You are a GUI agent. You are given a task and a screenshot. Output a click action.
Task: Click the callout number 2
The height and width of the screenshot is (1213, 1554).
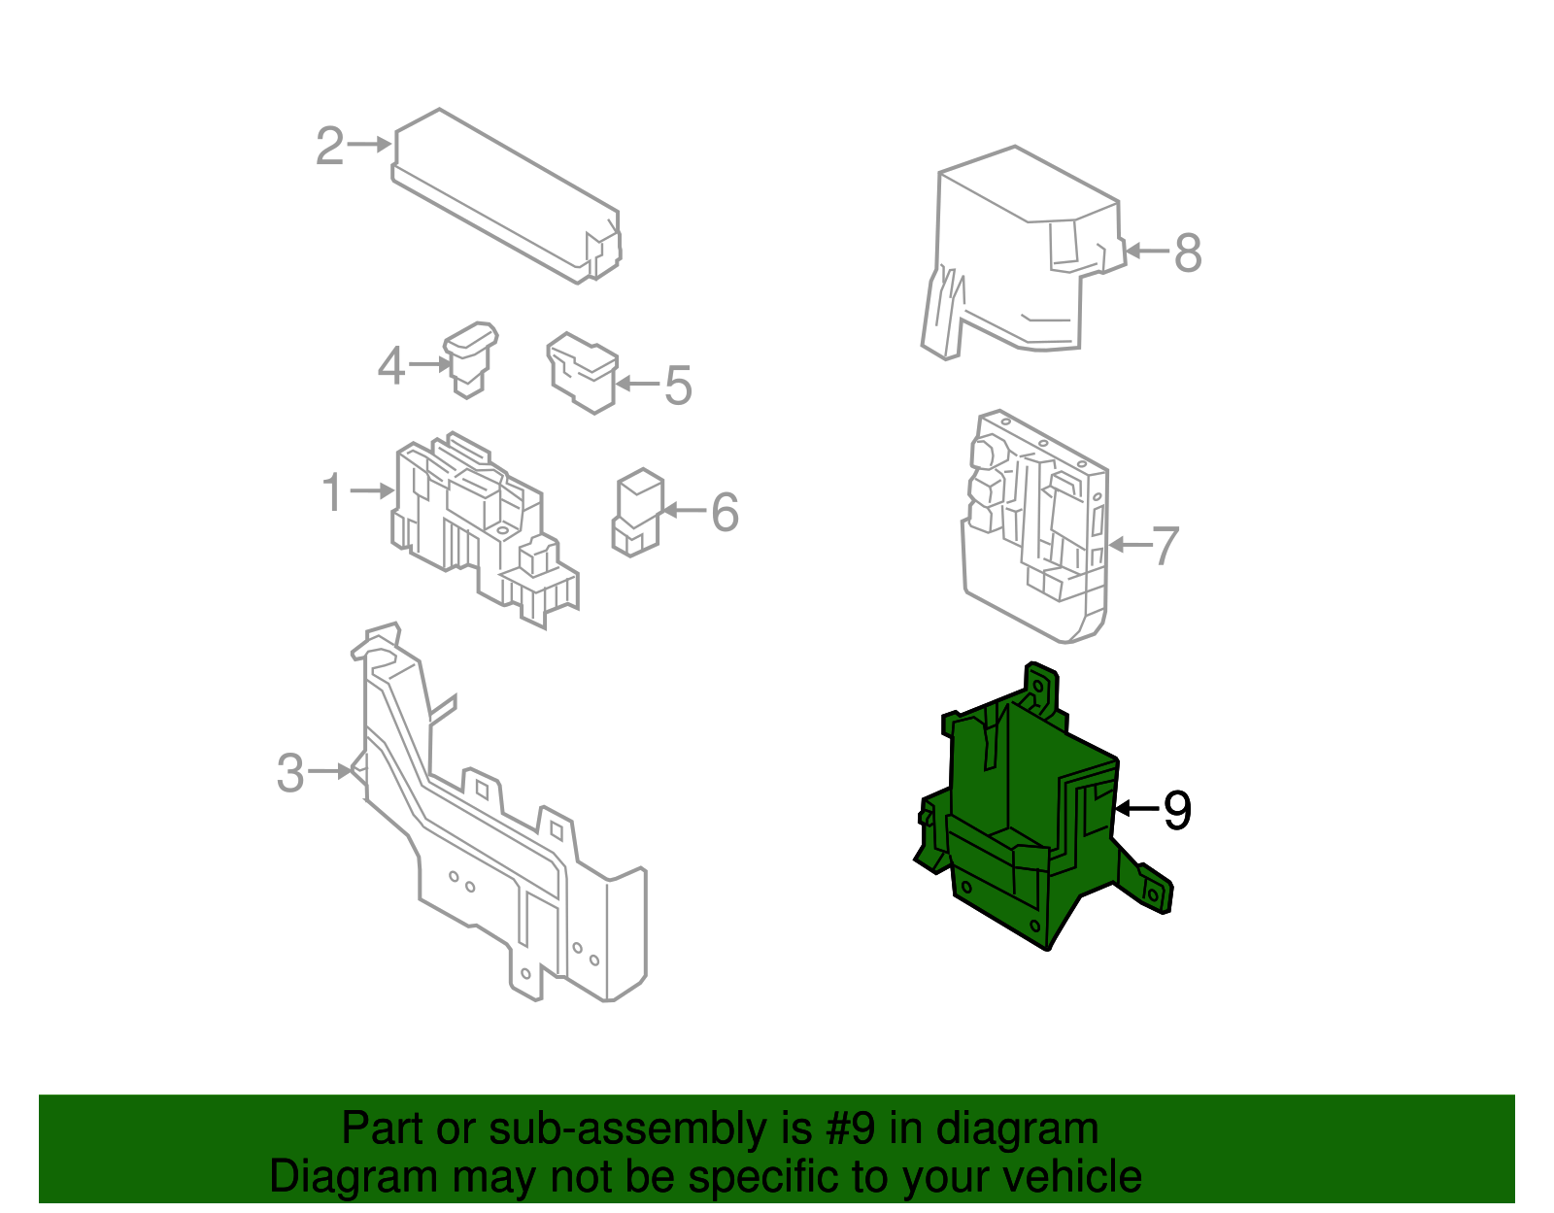(x=329, y=146)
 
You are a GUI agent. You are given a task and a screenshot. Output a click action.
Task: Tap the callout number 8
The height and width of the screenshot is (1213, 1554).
(x=1188, y=253)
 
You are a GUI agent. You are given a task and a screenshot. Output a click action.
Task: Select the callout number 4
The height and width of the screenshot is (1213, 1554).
(x=391, y=366)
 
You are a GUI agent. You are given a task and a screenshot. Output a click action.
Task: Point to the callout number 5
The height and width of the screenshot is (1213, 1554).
(x=679, y=386)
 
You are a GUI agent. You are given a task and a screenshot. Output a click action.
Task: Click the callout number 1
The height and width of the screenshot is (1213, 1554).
(x=332, y=492)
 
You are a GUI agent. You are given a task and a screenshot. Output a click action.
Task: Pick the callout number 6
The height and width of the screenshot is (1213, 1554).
(x=725, y=513)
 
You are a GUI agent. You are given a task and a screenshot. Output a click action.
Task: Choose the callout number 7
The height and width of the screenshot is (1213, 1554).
(x=1165, y=546)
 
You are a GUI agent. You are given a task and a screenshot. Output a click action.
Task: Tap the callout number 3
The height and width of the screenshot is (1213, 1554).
(x=290, y=773)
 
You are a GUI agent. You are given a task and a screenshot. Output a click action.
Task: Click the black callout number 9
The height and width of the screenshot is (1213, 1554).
(x=1178, y=811)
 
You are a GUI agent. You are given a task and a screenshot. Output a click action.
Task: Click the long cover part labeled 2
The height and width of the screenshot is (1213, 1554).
(x=506, y=196)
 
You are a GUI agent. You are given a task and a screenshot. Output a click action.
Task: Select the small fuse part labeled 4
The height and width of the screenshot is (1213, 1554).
(x=470, y=359)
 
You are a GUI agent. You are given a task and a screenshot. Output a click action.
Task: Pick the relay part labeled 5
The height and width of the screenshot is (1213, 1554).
(x=582, y=372)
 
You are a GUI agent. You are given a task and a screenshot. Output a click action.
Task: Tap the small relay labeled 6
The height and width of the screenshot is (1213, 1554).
(x=638, y=513)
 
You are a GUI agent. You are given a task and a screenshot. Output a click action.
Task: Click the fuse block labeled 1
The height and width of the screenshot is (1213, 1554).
(x=485, y=530)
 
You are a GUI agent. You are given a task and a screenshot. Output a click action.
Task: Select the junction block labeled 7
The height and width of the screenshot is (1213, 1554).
(x=1034, y=526)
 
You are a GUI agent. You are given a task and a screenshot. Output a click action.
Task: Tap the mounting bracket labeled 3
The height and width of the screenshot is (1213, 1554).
(x=498, y=811)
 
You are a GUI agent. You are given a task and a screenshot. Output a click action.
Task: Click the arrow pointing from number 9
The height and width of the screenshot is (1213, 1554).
(x=1137, y=809)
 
